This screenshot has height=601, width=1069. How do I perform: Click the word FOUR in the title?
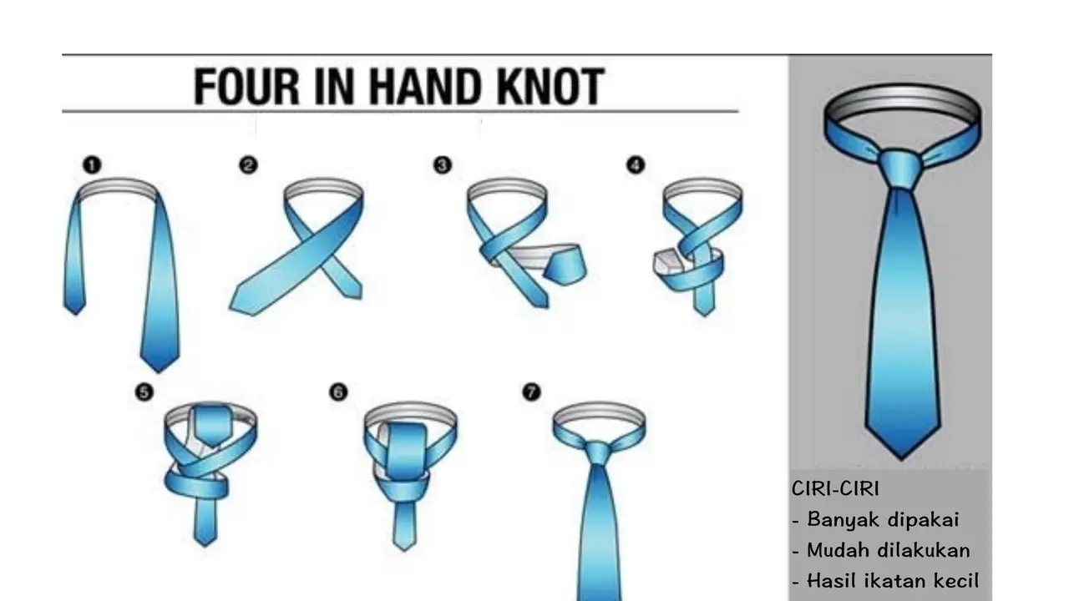click(x=246, y=86)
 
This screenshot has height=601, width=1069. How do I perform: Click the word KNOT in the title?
click(x=550, y=86)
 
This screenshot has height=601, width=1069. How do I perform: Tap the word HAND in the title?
click(x=424, y=86)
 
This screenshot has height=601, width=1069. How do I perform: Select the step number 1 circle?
click(x=92, y=165)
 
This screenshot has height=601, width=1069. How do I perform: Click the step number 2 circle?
click(x=248, y=165)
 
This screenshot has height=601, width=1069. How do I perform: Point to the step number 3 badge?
click(x=443, y=165)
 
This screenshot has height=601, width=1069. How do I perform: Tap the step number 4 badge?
click(x=636, y=165)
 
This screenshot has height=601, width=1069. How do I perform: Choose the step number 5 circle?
click(x=144, y=392)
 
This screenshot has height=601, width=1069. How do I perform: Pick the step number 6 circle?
click(x=338, y=392)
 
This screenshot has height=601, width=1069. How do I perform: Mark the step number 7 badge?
click(x=532, y=392)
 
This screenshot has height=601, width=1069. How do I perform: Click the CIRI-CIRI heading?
click(x=835, y=488)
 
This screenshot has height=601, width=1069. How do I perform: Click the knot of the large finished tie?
click(x=899, y=169)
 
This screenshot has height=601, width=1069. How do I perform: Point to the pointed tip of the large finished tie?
click(x=901, y=458)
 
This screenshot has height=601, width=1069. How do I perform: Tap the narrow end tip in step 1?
click(x=75, y=313)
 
